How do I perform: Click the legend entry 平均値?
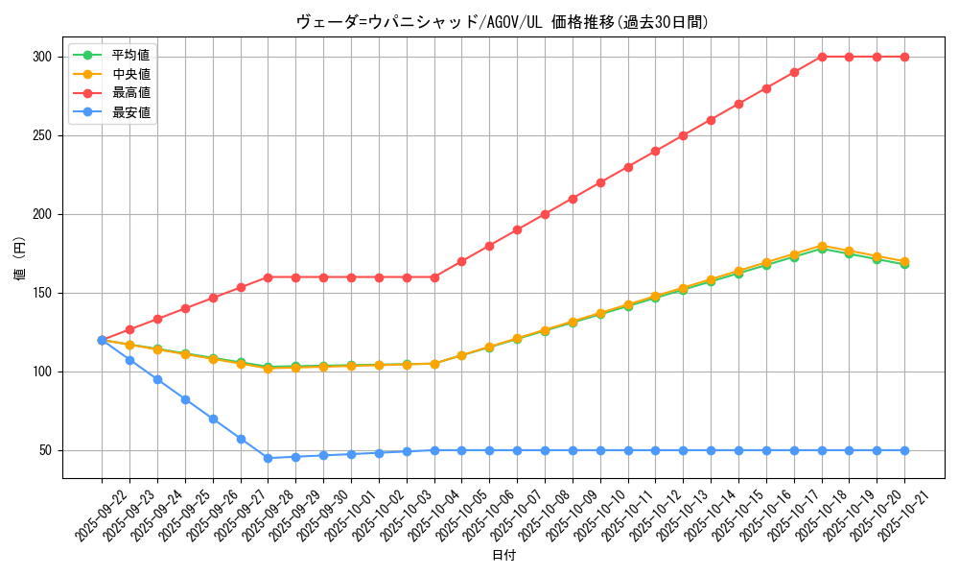130,55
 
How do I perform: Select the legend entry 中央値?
130,74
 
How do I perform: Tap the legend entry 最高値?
130,93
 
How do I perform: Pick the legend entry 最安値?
130,112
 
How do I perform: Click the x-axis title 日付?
503,556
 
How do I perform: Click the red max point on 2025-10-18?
822,57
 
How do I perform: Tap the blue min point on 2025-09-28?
268,458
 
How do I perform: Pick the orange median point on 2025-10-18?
822,246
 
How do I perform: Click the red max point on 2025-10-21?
904,57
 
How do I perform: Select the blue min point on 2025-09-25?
185,399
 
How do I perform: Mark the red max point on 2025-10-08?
545,214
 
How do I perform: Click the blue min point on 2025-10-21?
904,450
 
